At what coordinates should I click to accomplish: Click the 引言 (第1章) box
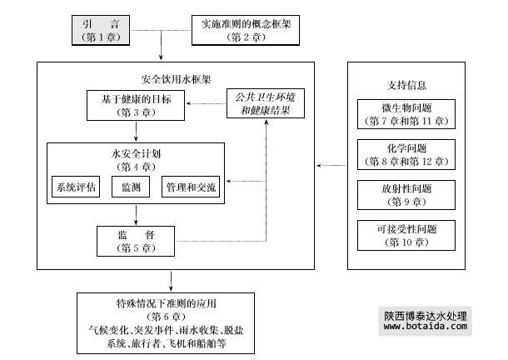tap(99, 30)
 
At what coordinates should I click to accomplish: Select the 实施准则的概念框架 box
tap(241, 30)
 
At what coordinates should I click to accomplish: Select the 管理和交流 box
tap(191, 186)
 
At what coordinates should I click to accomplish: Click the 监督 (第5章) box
tap(137, 240)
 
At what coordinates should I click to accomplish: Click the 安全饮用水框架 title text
tap(176, 80)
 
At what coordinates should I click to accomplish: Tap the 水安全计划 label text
tap(136, 154)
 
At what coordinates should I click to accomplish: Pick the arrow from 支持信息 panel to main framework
tap(331, 166)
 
